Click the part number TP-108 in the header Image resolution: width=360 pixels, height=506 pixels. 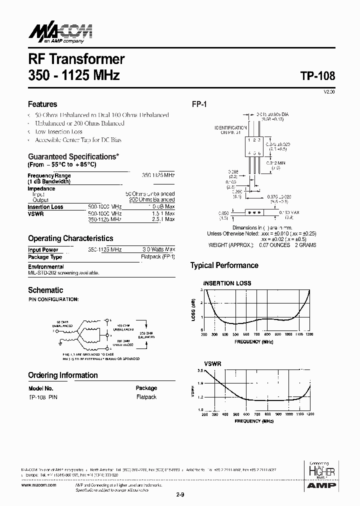(x=318, y=76)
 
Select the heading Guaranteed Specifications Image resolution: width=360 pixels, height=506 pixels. (x=73, y=156)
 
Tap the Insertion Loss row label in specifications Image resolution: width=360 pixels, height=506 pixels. (x=45, y=207)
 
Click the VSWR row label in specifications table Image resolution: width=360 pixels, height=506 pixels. (x=35, y=213)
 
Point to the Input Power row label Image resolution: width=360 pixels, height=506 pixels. (x=43, y=249)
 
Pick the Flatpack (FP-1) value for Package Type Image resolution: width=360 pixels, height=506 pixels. (x=157, y=257)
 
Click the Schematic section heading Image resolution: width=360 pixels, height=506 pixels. (x=45, y=290)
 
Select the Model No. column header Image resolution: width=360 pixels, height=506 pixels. (x=41, y=388)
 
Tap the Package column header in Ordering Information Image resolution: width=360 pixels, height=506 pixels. (x=146, y=388)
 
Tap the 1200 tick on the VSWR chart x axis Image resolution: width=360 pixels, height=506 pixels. (x=309, y=414)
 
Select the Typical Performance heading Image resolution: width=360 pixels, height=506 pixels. (x=224, y=265)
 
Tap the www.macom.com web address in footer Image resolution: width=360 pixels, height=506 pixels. (x=39, y=485)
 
